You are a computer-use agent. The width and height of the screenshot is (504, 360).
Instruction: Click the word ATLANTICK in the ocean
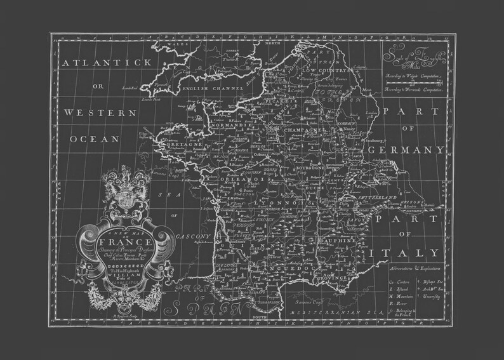click(107, 63)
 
